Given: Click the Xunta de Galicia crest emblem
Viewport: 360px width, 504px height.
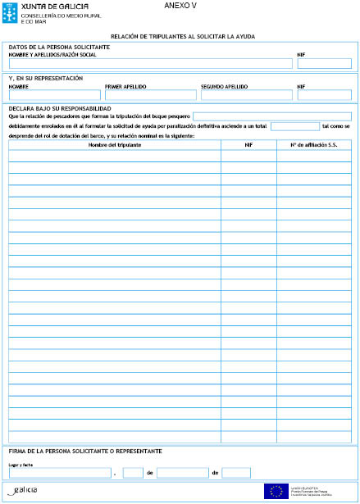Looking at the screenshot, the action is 8,12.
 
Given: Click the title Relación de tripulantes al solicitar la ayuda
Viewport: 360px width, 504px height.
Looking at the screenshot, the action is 180,37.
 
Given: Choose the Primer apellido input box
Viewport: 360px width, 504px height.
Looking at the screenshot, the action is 150,95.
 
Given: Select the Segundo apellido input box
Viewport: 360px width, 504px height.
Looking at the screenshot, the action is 245,95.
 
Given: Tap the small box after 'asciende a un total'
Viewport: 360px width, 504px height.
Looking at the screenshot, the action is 294,126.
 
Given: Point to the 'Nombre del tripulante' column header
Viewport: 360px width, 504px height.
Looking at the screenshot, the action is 114,144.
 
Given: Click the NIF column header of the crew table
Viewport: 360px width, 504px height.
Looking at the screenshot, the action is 248,144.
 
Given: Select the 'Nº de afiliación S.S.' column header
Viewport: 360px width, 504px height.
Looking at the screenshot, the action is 314,144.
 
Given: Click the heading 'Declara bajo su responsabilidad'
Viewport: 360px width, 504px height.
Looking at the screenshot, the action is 59,107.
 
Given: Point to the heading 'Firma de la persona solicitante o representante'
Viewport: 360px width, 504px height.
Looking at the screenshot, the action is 84,452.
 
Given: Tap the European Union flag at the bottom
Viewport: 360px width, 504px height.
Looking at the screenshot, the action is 274,491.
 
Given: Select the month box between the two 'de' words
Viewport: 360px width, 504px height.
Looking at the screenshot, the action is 182,473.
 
